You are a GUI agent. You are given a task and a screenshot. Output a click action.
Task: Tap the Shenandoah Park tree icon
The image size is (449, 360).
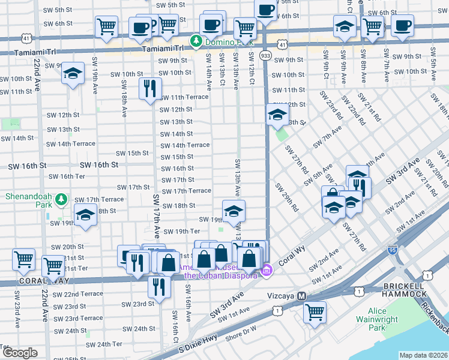point(60,199)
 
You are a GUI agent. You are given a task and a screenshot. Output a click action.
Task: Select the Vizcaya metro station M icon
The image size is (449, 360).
point(303,296)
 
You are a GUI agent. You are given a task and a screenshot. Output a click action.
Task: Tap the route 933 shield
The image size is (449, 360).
point(265,55)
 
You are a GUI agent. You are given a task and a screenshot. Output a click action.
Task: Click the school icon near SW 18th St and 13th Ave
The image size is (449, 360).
point(234,210)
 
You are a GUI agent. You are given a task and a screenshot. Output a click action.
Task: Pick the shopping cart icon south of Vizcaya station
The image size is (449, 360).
point(315,312)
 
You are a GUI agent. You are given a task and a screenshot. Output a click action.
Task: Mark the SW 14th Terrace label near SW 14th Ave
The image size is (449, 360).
point(185,145)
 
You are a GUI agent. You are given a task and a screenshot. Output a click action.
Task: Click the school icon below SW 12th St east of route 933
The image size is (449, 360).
point(277,115)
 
